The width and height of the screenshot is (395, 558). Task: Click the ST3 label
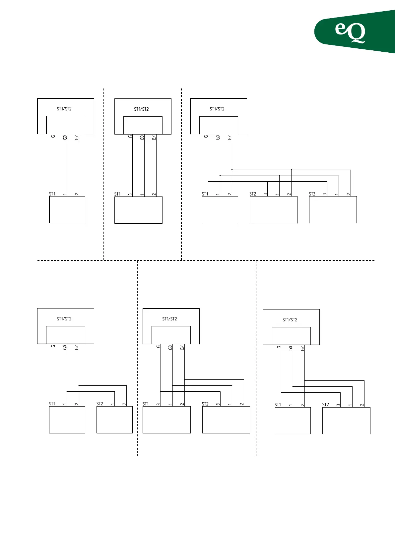click(312, 194)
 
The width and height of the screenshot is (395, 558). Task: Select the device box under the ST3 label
click(333, 210)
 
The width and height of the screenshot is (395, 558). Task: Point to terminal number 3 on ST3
click(325, 194)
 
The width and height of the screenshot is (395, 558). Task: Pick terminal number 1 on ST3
click(337, 194)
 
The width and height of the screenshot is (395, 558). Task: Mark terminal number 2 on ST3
click(349, 194)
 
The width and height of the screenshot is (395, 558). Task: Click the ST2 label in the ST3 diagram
click(253, 194)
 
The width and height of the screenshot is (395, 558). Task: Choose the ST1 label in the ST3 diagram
click(205, 194)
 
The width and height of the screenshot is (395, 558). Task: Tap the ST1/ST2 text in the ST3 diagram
click(217, 109)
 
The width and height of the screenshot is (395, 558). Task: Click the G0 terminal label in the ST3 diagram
click(218, 137)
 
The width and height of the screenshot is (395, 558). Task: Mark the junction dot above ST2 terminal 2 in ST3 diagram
click(292, 170)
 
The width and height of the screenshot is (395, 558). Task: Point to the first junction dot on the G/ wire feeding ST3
click(232, 170)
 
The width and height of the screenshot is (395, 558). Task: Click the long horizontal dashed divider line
click(206, 260)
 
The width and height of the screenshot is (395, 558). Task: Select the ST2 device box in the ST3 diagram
click(273, 210)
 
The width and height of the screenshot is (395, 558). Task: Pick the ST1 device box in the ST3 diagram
click(220, 210)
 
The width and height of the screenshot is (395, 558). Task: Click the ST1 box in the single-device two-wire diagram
click(67, 210)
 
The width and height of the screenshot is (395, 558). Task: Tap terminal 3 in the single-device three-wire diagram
click(130, 194)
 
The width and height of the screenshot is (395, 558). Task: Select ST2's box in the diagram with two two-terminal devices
click(114, 419)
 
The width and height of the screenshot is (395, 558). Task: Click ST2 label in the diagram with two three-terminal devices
click(205, 404)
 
